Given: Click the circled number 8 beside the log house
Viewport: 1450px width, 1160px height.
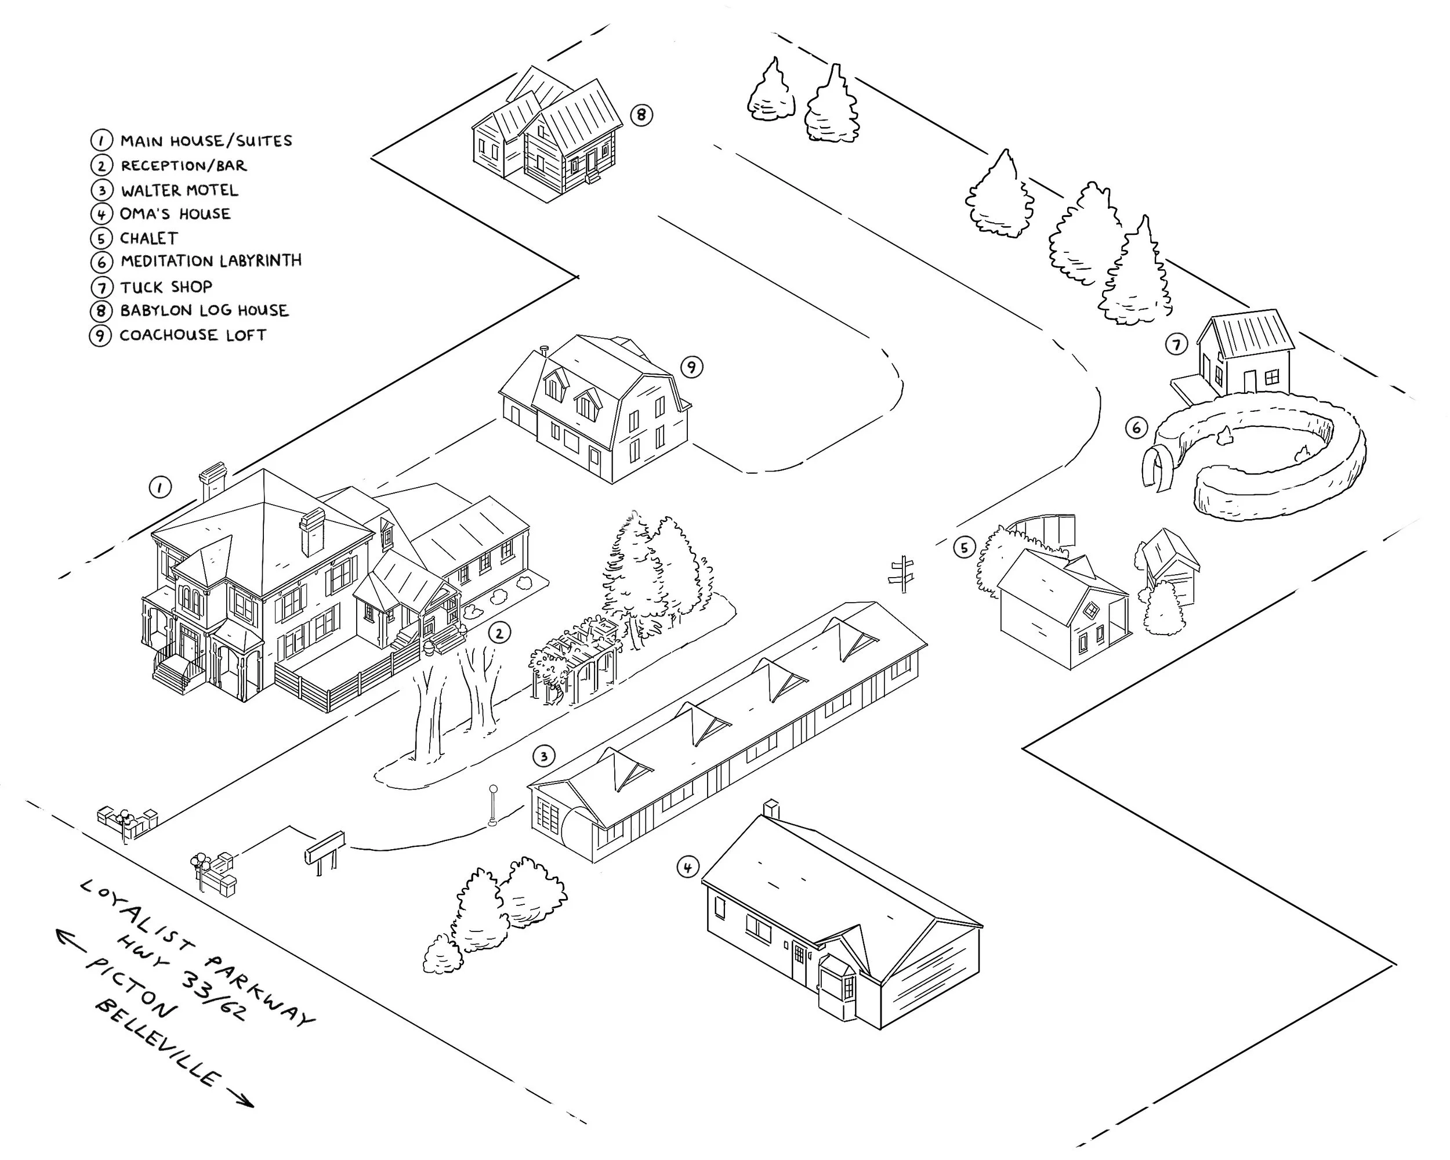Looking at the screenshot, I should (641, 115).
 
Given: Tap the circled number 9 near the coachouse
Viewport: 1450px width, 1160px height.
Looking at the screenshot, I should (691, 367).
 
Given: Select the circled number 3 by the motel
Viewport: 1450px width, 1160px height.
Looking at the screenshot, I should (543, 756).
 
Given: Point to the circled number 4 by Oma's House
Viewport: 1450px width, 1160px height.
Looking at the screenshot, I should (687, 868).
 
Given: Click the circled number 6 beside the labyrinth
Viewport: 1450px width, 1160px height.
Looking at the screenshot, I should (1137, 427).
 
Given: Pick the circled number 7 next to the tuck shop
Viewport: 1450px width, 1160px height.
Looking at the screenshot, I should (1176, 345).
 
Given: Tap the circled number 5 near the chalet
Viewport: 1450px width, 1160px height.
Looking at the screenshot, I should (964, 548).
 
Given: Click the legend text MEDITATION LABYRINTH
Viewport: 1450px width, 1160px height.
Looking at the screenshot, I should (211, 261).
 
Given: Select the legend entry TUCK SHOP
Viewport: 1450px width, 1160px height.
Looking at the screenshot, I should (166, 287).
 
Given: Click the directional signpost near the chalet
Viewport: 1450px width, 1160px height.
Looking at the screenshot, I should (903, 574).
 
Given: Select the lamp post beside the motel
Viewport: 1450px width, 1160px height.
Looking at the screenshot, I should (493, 804).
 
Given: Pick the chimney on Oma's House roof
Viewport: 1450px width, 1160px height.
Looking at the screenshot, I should (771, 809).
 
